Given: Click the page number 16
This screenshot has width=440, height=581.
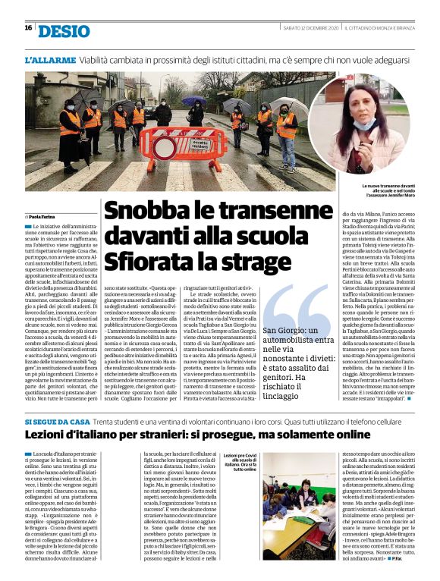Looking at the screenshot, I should [x=28, y=28].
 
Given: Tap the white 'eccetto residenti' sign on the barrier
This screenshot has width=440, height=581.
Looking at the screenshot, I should [x=199, y=140].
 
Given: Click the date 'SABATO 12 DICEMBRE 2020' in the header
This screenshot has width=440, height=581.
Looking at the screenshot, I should [x=308, y=28].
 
